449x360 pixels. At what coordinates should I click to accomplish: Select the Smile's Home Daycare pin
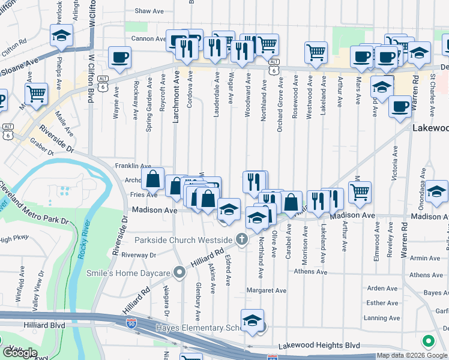pyautogui.click(x=179, y=273)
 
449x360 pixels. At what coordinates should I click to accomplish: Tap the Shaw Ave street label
pyautogui.click(x=149, y=11)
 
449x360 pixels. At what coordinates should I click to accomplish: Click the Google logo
pyautogui.click(x=20, y=353)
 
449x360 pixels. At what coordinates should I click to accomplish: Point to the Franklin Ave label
pyautogui.click(x=133, y=166)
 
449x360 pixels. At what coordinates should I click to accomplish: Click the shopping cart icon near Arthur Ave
pyautogui.click(x=360, y=192)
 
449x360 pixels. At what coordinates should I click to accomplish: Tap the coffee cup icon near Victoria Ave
pyautogui.click(x=400, y=107)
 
